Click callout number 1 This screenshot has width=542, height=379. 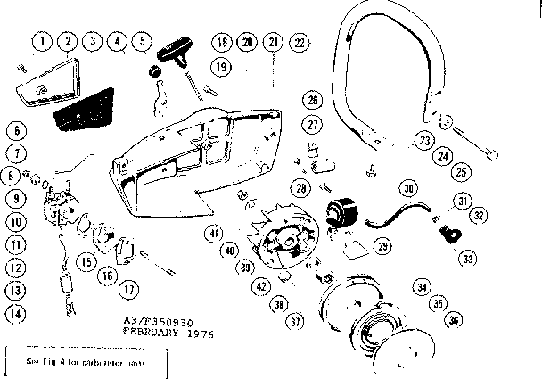pyautogui.click(x=41, y=41)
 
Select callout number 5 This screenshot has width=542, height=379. pyautogui.click(x=140, y=41)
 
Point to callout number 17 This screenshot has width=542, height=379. pyautogui.click(x=130, y=288)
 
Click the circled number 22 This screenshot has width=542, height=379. pyautogui.click(x=299, y=42)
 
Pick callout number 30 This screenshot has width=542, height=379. pyautogui.click(x=408, y=188)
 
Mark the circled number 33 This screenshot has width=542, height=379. pyautogui.click(x=466, y=259)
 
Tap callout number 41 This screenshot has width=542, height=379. pyautogui.click(x=215, y=234)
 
